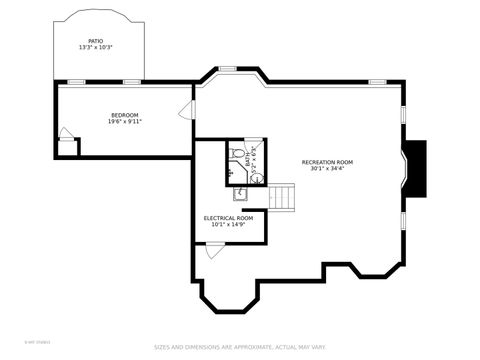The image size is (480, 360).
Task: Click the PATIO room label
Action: click(x=95, y=41)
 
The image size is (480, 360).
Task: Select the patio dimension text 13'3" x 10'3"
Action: click(x=95, y=48)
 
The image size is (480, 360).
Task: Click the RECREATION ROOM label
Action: click(x=327, y=162)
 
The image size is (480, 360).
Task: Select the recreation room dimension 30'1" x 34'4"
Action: click(x=327, y=169)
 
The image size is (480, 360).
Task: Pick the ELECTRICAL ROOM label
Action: click(x=228, y=217)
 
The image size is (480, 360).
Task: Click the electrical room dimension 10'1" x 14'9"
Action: click(x=228, y=224)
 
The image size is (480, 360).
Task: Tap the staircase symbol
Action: click(x=285, y=197)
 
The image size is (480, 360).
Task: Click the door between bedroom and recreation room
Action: click(x=187, y=111)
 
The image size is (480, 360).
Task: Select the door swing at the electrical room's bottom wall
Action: click(x=214, y=251)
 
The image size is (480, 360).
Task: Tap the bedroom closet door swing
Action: click(x=65, y=134)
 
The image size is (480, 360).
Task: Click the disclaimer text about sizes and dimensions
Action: click(x=239, y=348)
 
